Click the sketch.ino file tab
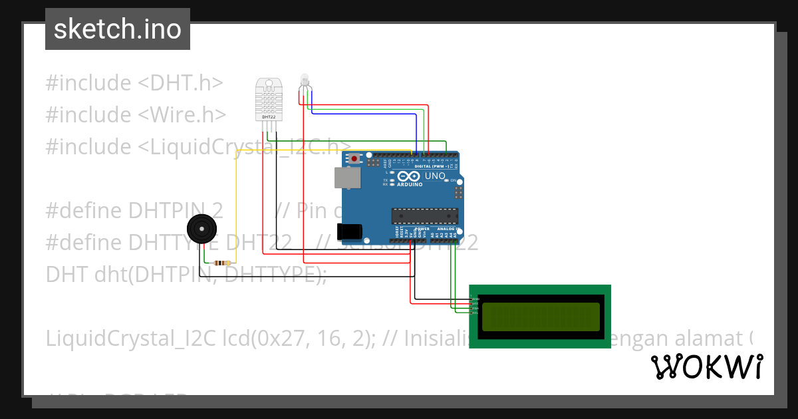(117, 29)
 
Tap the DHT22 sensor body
(269, 100)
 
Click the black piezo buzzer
(201, 229)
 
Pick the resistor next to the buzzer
(222, 263)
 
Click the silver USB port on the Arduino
(347, 178)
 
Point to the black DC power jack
(350, 231)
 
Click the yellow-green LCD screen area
(540, 317)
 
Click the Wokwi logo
(706, 366)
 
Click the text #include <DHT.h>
(134, 83)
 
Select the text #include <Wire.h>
(136, 115)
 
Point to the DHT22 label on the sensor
(269, 117)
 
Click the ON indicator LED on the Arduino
(454, 181)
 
